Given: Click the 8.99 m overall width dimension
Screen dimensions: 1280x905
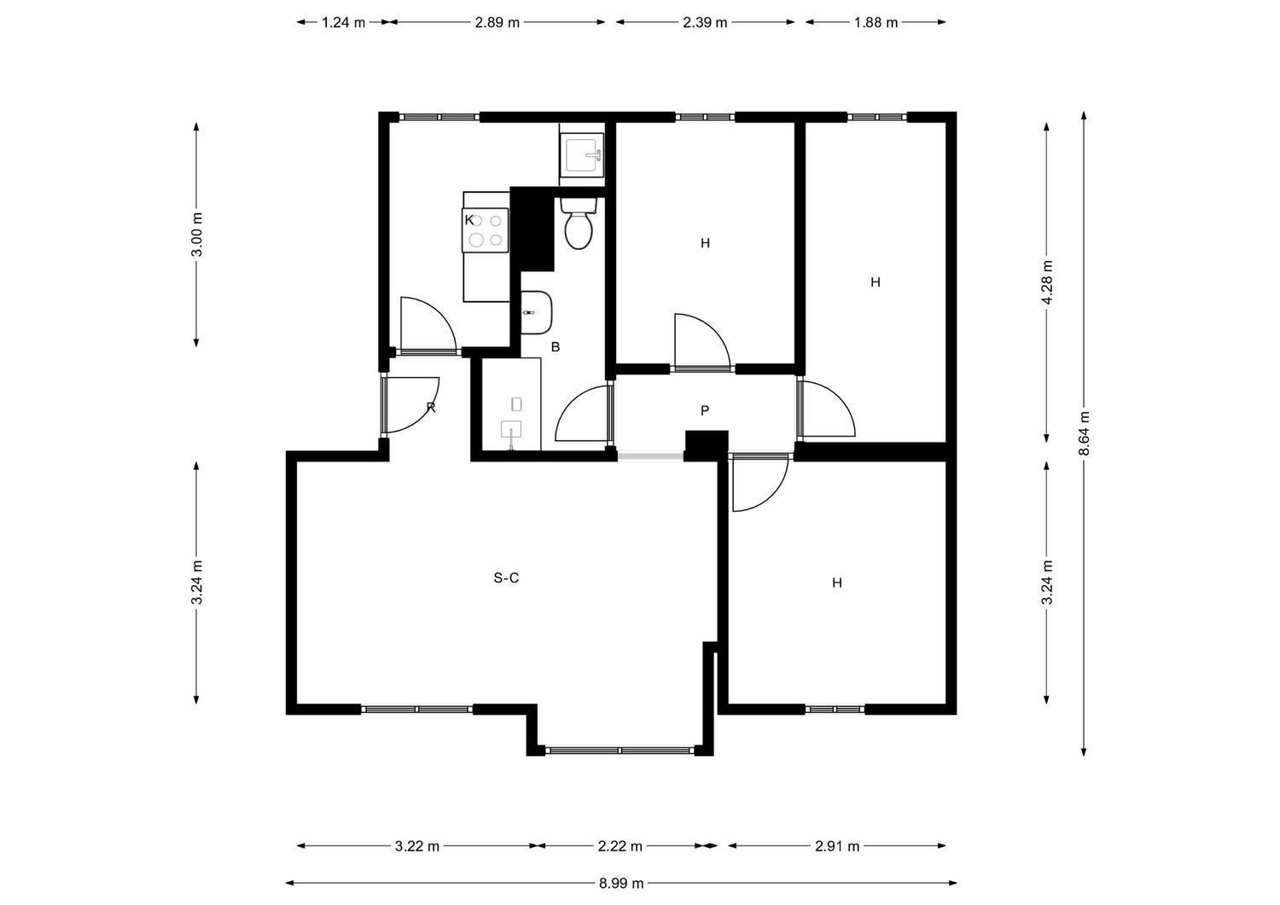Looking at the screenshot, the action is (x=621, y=884).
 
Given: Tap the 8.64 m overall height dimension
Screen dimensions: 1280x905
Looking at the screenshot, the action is (x=1084, y=433).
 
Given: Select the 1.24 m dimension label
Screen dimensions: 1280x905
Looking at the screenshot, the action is (x=343, y=22).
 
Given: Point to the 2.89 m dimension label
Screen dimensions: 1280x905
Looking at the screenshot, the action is (x=497, y=22).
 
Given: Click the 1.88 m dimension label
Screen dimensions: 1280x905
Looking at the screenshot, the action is (x=876, y=22).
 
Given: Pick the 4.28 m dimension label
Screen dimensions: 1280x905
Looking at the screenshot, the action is (x=1047, y=282).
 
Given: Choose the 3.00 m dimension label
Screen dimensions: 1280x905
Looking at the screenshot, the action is (x=196, y=235).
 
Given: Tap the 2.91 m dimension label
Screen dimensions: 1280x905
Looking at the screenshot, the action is (x=837, y=846).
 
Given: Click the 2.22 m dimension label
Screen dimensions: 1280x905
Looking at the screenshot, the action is (x=620, y=846).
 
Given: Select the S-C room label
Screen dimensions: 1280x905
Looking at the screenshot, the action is (x=506, y=578).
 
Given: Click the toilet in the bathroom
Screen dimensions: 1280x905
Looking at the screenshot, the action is (x=579, y=224).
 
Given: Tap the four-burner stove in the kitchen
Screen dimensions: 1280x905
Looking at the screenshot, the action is (x=486, y=230).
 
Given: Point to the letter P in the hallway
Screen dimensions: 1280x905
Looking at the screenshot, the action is (x=705, y=410).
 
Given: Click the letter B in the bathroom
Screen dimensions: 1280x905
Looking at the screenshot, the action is (x=555, y=347).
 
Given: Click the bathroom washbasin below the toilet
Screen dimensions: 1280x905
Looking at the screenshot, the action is (x=537, y=312).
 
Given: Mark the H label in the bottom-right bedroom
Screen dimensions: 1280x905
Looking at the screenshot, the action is (x=837, y=583).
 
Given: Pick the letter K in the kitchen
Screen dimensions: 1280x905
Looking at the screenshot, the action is (x=469, y=220).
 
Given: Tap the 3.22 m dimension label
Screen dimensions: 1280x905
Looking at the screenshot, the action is (x=417, y=846).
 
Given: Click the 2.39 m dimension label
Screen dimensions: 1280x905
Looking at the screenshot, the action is (x=705, y=22).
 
